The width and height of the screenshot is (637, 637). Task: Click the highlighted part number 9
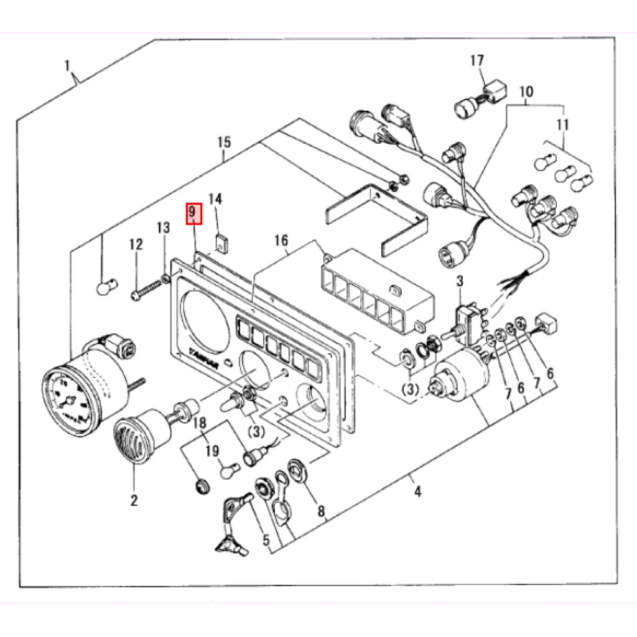pyautogui.click(x=193, y=213)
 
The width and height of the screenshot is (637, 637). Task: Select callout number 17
pyautogui.click(x=477, y=61)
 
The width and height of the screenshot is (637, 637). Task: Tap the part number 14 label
pyautogui.click(x=215, y=199)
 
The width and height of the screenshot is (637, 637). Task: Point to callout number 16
pyautogui.click(x=281, y=240)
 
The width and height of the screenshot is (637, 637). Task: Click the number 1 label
pyautogui.click(x=68, y=64)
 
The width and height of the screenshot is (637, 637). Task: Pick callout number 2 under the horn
pyautogui.click(x=134, y=500)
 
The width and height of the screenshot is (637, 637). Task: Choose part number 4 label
pyautogui.click(x=417, y=492)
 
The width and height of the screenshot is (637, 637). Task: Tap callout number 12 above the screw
pyautogui.click(x=136, y=244)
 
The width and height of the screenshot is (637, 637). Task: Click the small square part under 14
pyautogui.click(x=220, y=241)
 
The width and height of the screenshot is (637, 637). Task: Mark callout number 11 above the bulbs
pyautogui.click(x=562, y=125)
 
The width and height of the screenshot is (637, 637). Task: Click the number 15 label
pyautogui.click(x=224, y=142)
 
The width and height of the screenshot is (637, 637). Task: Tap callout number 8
pyautogui.click(x=321, y=511)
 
